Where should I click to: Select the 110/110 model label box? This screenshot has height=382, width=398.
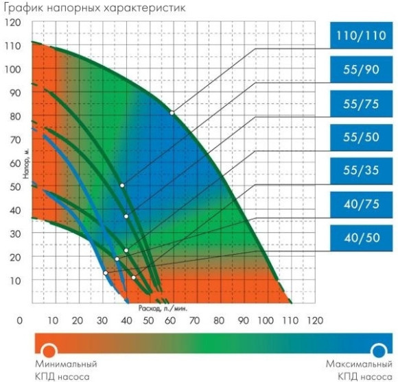tap(361, 36)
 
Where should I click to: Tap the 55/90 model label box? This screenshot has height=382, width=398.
tap(361, 69)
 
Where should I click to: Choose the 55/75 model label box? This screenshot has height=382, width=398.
tap(361, 103)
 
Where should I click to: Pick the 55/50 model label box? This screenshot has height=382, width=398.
tap(361, 136)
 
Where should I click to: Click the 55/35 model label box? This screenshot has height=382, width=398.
tap(361, 170)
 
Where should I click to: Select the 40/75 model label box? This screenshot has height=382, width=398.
tap(361, 203)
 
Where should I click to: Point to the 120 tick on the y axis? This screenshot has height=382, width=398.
tap(13, 23)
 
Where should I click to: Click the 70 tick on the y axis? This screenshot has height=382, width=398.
tap(13, 140)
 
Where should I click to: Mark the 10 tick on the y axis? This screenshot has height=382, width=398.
tap(13, 280)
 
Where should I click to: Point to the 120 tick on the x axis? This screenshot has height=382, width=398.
tap(315, 320)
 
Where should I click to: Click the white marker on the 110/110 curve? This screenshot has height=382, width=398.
tap(172, 112)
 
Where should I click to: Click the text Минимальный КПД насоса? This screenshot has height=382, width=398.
tap(66, 370)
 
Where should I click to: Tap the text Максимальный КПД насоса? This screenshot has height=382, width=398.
tap(358, 370)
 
